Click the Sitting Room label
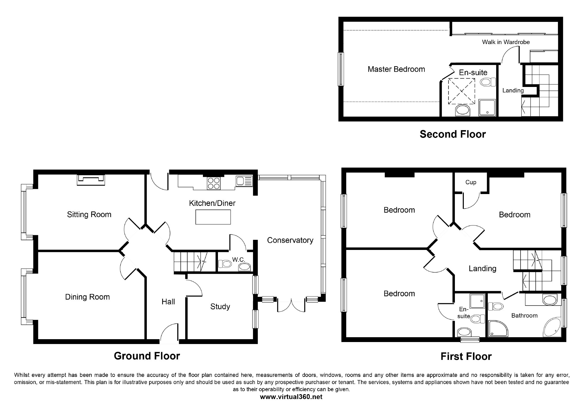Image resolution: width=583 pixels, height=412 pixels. pos(89,214)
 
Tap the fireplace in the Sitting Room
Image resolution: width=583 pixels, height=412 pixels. pos(91,180)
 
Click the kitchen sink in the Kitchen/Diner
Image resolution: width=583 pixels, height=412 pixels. pos(244,181)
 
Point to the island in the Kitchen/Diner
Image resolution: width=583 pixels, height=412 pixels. pos(213,217)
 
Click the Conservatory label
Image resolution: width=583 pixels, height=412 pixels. pos(290,240)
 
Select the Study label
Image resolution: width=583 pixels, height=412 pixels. pos(220,307)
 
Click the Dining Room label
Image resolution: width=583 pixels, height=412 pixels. pos(88,297)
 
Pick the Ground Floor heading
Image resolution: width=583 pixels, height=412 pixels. pos(147,356)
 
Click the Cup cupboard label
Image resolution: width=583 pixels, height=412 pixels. pos(471,183)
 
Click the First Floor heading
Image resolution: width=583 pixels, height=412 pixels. pos(466,357)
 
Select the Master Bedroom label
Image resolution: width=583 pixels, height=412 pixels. pos(396,69)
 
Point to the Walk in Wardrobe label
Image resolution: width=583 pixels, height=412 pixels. pos(506,42)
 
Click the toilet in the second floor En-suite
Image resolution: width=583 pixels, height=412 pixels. pos(488,82)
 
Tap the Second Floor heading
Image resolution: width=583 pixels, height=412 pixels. pos(453,134)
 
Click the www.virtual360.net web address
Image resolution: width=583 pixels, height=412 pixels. pos(291,397)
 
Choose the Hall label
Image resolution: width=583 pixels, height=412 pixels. pos(168,302)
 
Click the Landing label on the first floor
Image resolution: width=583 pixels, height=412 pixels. pos(483,269)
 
